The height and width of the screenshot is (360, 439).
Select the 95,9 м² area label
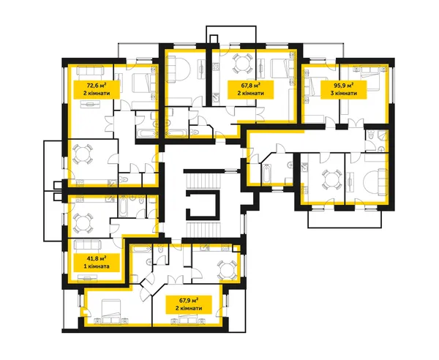(344, 85)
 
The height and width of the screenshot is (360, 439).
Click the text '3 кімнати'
(344, 93)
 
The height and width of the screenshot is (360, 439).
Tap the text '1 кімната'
(97, 266)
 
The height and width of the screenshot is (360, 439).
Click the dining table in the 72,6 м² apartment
(82, 154)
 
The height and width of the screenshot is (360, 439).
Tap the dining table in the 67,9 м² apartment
(228, 270)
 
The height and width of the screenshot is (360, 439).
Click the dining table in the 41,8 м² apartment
(82, 223)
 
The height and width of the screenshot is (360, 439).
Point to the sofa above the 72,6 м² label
(91, 70)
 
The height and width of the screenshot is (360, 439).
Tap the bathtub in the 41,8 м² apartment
(123, 206)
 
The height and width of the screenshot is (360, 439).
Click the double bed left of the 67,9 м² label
(111, 312)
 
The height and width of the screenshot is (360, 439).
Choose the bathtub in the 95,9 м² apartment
(266, 175)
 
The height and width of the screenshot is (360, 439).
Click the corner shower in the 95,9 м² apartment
(383, 137)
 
